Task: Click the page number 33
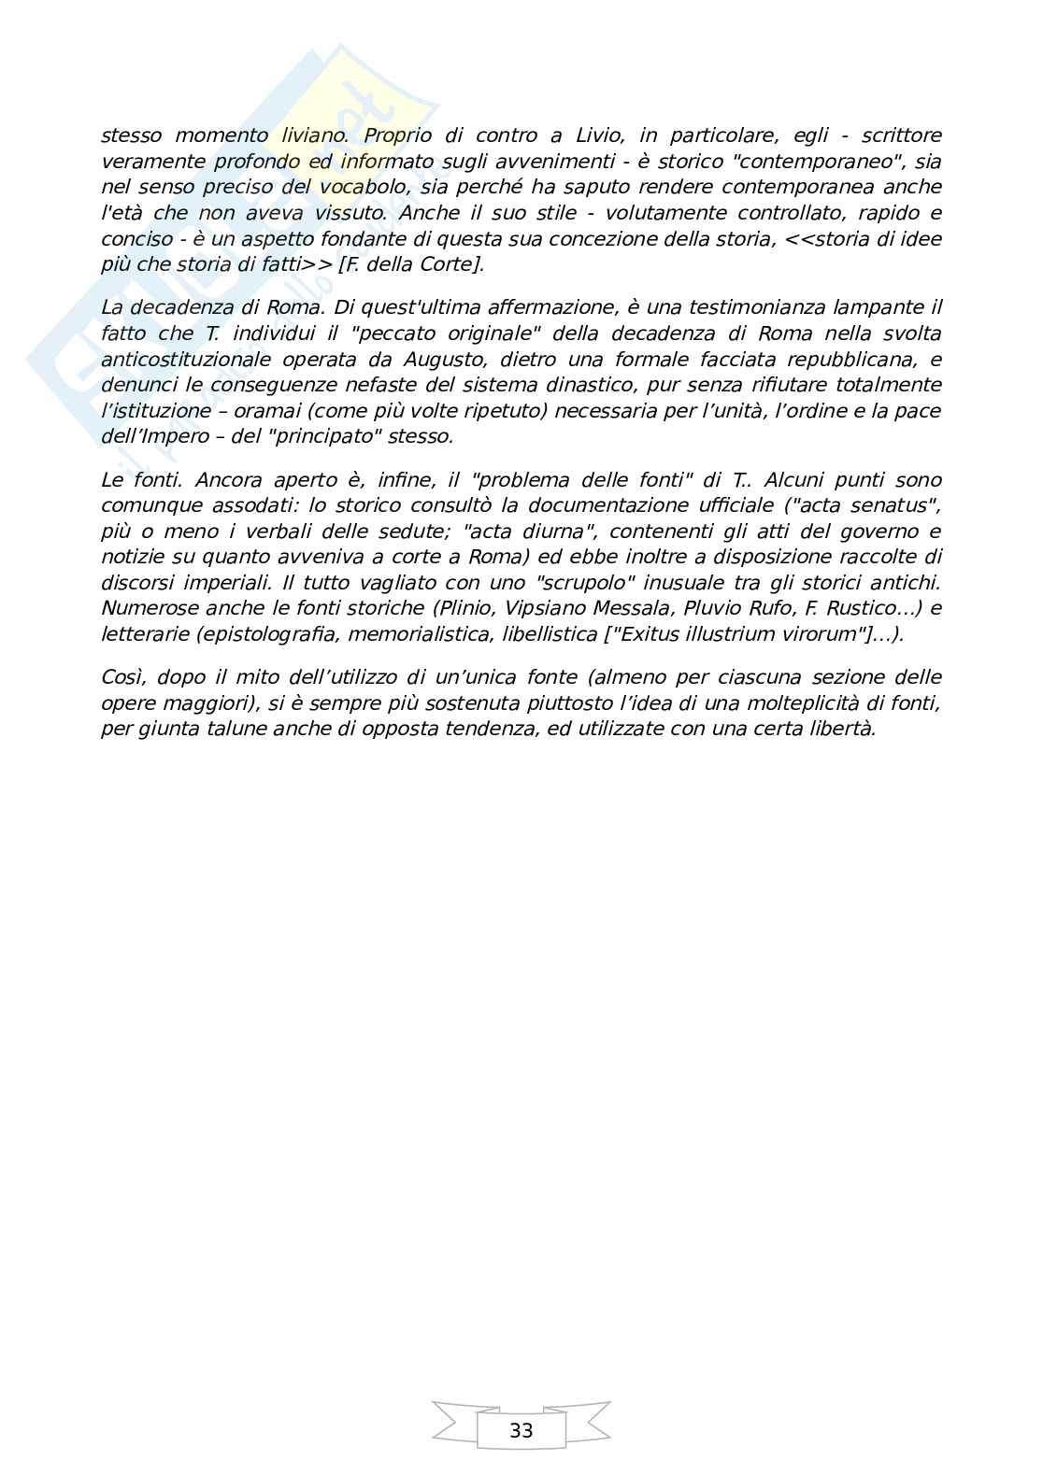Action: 521,1430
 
